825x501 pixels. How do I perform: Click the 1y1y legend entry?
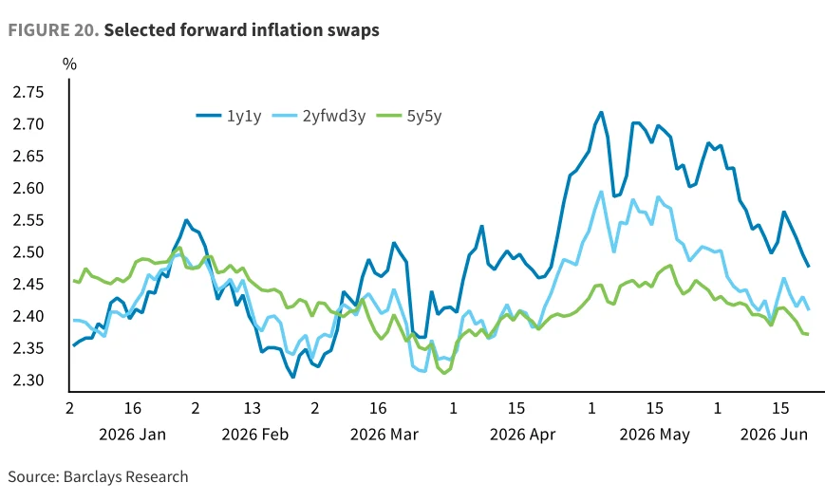[229, 116]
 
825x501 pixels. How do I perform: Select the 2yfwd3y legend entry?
[319, 116]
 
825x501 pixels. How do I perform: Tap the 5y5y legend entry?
[409, 116]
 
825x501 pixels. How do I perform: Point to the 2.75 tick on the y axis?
[28, 93]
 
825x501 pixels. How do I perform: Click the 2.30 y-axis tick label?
[28, 380]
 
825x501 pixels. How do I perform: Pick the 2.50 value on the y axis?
[28, 252]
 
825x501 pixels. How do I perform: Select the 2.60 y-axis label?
[28, 188]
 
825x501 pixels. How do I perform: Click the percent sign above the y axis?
[69, 65]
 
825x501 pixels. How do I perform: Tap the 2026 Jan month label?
[133, 435]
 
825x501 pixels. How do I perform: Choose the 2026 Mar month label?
[384, 435]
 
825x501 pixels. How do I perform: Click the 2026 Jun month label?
[774, 435]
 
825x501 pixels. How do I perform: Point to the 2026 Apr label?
[522, 436]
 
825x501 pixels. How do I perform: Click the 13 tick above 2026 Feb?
[252, 408]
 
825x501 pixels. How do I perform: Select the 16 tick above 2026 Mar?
[378, 408]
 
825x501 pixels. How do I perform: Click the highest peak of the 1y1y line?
[601, 113]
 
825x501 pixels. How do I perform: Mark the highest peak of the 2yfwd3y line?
[601, 192]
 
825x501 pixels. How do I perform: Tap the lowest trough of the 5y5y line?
[444, 373]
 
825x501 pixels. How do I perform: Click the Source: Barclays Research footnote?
[98, 477]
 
